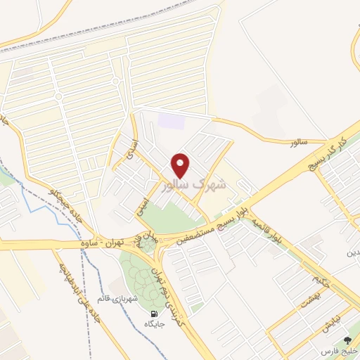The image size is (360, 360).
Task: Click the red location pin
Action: pyautogui.click(x=181, y=165)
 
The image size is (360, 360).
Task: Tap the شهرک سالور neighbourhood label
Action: pyautogui.click(x=195, y=184)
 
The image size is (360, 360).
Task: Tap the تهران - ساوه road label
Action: pyautogui.click(x=115, y=240)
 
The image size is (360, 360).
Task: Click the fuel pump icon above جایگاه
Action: pyautogui.click(x=153, y=314)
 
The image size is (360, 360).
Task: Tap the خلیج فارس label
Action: pyautogui.click(x=339, y=350)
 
